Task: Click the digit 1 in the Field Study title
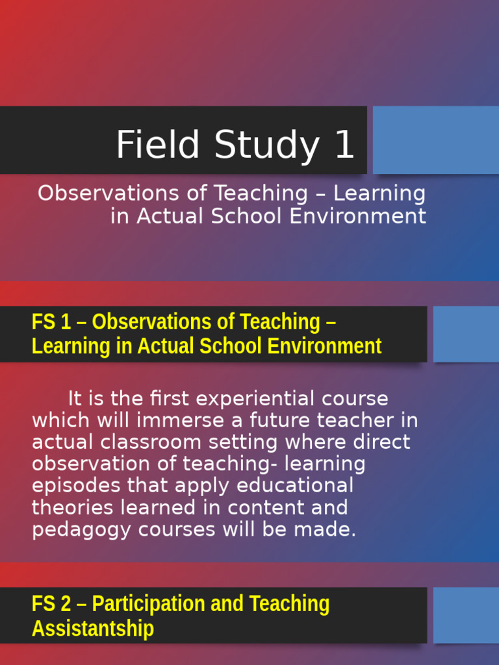(x=344, y=144)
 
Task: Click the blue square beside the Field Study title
(x=435, y=140)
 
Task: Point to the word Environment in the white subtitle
(x=358, y=216)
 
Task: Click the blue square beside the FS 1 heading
(x=465, y=334)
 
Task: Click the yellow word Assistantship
(x=93, y=629)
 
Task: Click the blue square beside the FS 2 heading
(x=465, y=615)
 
